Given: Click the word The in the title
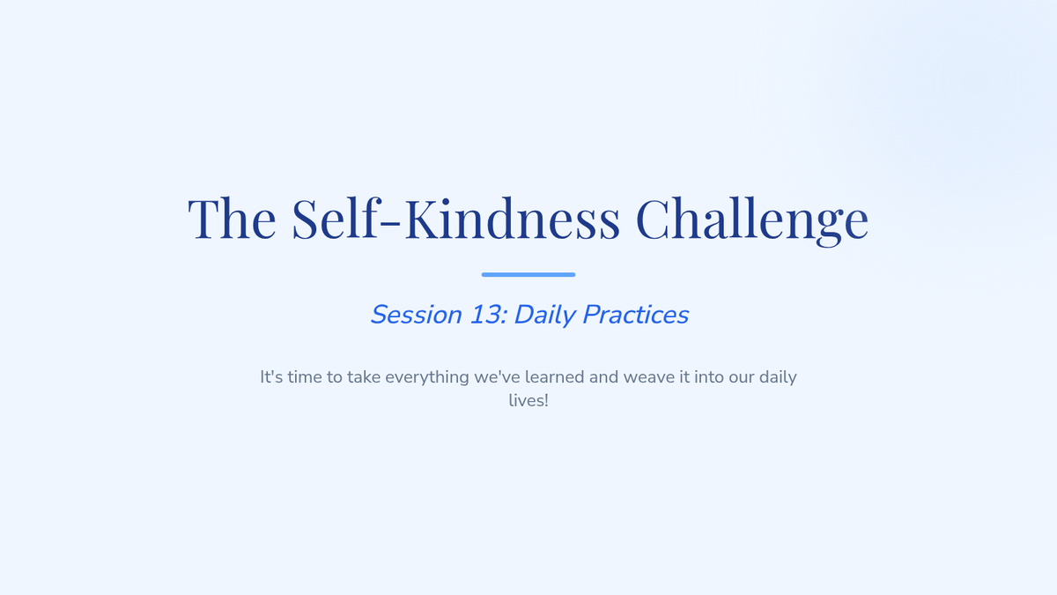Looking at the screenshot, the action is click(232, 219).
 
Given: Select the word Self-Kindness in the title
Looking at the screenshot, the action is click(456, 218).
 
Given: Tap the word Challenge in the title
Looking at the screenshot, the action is click(752, 220).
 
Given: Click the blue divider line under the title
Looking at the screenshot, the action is click(528, 274).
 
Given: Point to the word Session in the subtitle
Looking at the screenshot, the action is click(416, 315).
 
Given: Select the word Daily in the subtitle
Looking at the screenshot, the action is click(544, 316).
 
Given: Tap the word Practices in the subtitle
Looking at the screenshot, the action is click(636, 315).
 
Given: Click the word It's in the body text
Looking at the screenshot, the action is click(271, 377).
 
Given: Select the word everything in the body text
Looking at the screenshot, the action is click(427, 378).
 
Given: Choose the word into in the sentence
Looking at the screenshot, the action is click(709, 377).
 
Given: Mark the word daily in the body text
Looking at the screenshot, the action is click(778, 378).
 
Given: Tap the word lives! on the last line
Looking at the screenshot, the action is click(528, 400).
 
